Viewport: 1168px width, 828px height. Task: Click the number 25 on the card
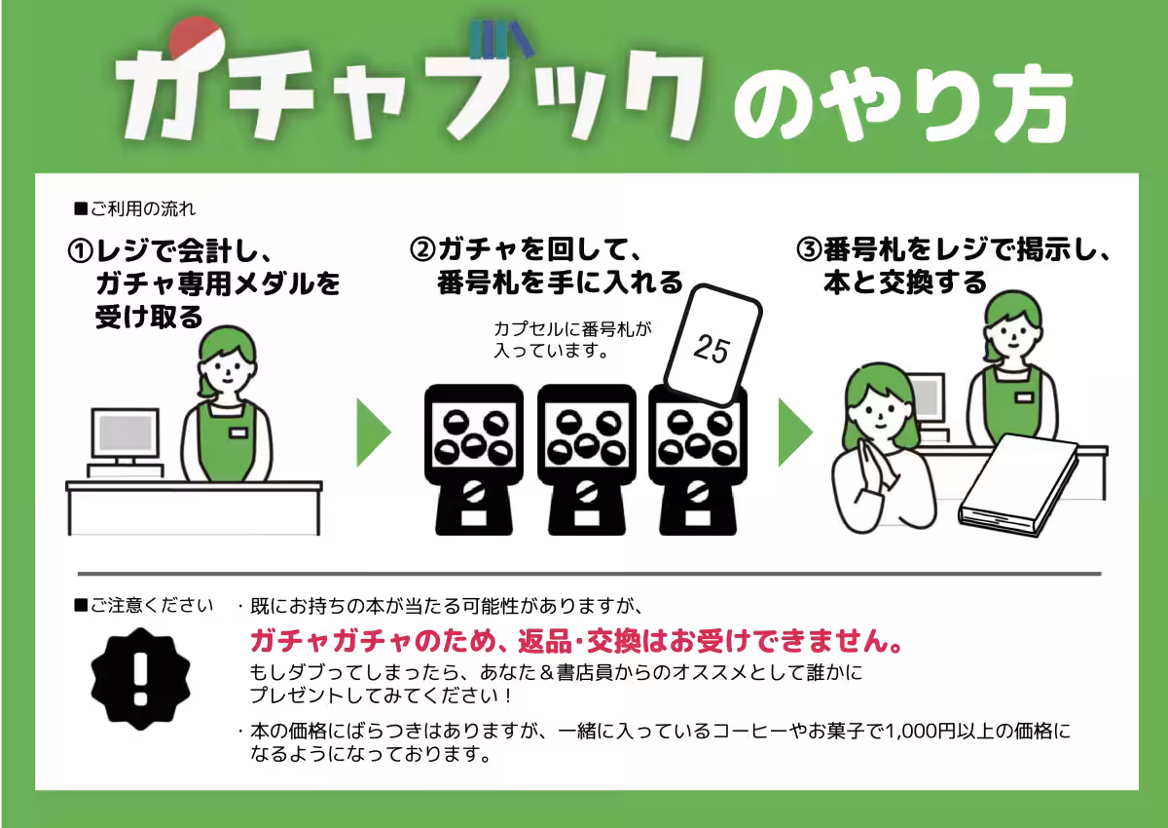pos(712,348)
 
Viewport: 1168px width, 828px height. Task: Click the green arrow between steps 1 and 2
pos(374,432)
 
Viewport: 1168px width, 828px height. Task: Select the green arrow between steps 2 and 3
pos(795,432)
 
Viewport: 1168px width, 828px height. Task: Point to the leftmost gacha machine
pos(474,458)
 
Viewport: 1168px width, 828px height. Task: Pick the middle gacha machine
pos(585,458)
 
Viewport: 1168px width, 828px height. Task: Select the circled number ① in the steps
pos(80,251)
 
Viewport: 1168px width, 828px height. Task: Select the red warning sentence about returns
pos(575,642)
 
